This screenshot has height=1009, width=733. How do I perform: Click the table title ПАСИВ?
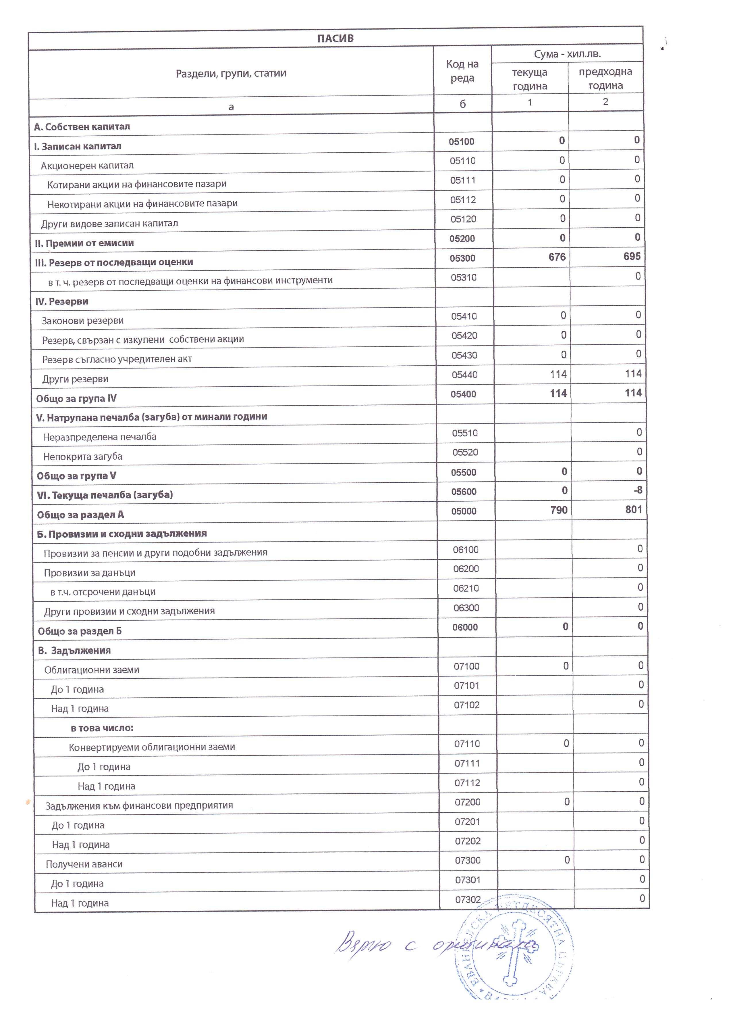(x=335, y=38)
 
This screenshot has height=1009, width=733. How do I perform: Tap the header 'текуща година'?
(x=529, y=79)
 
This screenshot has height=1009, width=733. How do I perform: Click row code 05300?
(x=462, y=258)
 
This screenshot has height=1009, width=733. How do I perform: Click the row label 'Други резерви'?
(x=75, y=379)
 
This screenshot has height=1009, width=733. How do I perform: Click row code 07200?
(x=467, y=802)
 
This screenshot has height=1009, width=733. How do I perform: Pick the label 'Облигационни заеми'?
(x=92, y=670)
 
